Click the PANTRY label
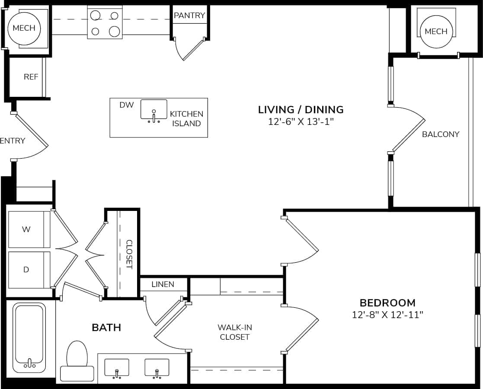(x=189, y=16)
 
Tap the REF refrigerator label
(x=31, y=77)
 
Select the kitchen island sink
(x=154, y=110)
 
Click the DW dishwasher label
(x=127, y=105)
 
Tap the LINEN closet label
(x=163, y=284)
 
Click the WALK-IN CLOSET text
(x=234, y=332)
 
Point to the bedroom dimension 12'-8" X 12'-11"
(x=387, y=315)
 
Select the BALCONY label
(x=441, y=134)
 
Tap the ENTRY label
(x=13, y=140)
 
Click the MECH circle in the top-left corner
(x=24, y=29)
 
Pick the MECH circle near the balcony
(x=436, y=32)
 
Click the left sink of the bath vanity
(x=117, y=367)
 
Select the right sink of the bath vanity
(x=157, y=367)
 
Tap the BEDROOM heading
(x=387, y=303)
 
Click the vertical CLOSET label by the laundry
(x=129, y=254)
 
